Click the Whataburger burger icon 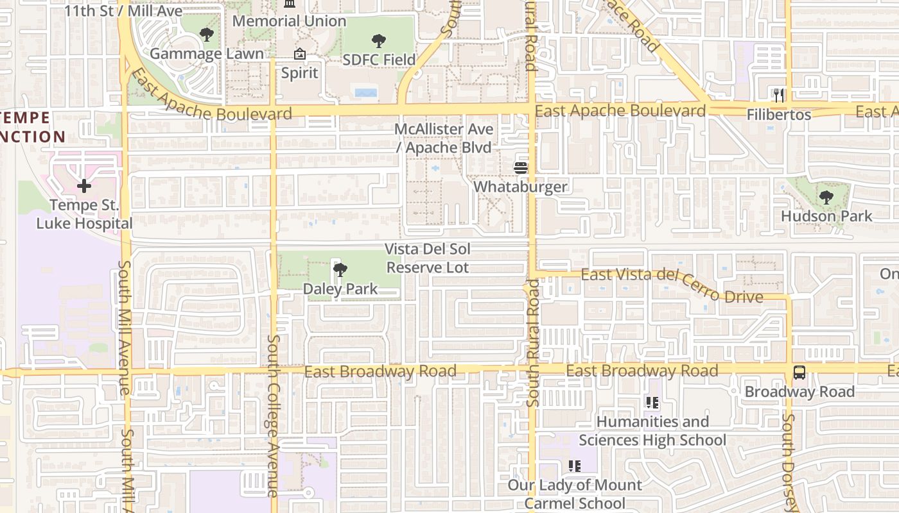click(520, 168)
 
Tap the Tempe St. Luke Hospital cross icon click(84, 186)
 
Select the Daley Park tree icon click(340, 270)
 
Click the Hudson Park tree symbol click(826, 197)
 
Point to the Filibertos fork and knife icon click(779, 96)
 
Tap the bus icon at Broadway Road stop click(799, 373)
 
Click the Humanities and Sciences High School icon click(652, 403)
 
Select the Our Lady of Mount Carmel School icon click(575, 466)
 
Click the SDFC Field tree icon click(379, 41)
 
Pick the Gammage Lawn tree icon click(207, 35)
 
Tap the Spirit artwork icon click(299, 55)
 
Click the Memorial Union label click(289, 21)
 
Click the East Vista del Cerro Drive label click(672, 285)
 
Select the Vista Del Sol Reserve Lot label click(427, 258)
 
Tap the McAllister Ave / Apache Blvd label click(444, 139)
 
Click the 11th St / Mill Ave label click(123, 11)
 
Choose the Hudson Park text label click(826, 216)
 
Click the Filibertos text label click(779, 115)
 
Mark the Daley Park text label click(340, 289)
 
